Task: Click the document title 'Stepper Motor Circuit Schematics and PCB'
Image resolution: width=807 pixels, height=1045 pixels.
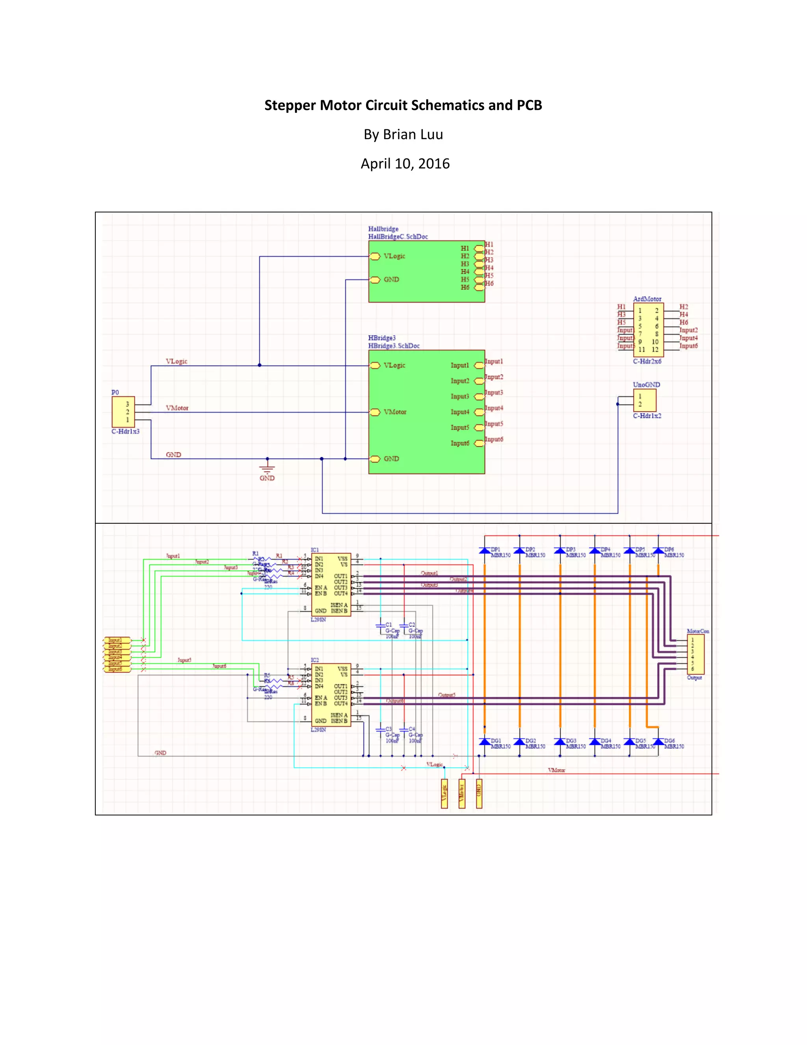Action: tap(403, 105)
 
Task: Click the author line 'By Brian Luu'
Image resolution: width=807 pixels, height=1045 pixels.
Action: tap(403, 134)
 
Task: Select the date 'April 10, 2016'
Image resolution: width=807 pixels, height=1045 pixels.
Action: tap(405, 164)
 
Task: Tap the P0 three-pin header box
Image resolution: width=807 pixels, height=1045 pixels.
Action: tap(123, 411)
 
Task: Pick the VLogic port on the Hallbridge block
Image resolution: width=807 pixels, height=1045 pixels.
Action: tap(375, 256)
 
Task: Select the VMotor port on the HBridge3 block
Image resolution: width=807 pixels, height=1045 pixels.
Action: tap(375, 412)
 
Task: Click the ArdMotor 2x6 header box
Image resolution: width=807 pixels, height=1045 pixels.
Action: tap(648, 330)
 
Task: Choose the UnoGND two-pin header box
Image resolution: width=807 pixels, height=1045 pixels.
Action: tap(644, 400)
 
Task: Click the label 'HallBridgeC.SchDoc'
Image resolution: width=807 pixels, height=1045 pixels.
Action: tap(398, 236)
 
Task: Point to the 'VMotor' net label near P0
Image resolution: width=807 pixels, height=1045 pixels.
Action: tap(177, 408)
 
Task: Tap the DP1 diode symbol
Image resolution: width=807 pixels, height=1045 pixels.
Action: tap(485, 551)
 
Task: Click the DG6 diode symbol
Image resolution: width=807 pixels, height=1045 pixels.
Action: tap(658, 742)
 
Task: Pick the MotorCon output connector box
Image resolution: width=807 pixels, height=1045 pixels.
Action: tap(695, 654)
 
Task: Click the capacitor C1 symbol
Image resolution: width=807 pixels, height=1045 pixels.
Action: tap(381, 625)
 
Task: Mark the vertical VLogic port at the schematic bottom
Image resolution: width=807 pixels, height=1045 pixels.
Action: tap(444, 794)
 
